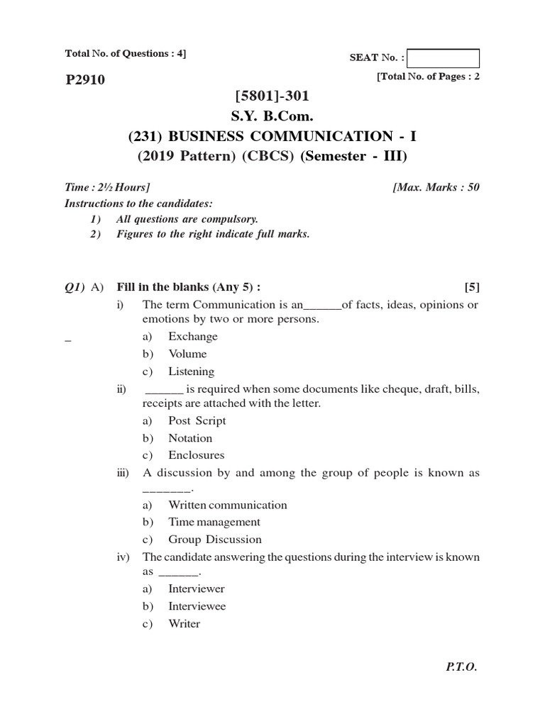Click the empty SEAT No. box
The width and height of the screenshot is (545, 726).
pyautogui.click(x=444, y=58)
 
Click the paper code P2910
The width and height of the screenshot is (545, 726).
pyautogui.click(x=84, y=80)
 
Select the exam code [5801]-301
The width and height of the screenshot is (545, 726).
pyautogui.click(x=272, y=95)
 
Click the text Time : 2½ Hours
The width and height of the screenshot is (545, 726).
pyautogui.click(x=107, y=187)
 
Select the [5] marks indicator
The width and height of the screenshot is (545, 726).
pyautogui.click(x=472, y=287)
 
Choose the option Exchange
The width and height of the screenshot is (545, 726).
pyautogui.click(x=193, y=337)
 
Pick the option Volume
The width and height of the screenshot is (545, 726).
pyautogui.click(x=187, y=354)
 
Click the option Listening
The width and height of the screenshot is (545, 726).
pyautogui.click(x=191, y=372)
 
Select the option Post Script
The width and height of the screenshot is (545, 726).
pyautogui.click(x=197, y=420)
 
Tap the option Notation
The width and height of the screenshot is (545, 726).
pyautogui.click(x=190, y=438)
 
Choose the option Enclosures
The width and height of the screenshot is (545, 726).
pyautogui.click(x=196, y=455)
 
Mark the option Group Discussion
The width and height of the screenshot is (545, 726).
pyautogui.click(x=214, y=540)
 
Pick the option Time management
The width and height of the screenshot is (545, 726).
pyautogui.click(x=214, y=522)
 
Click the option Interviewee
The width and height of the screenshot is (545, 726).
pyautogui.click(x=197, y=606)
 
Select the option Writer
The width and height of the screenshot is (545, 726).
pyautogui.click(x=184, y=624)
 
